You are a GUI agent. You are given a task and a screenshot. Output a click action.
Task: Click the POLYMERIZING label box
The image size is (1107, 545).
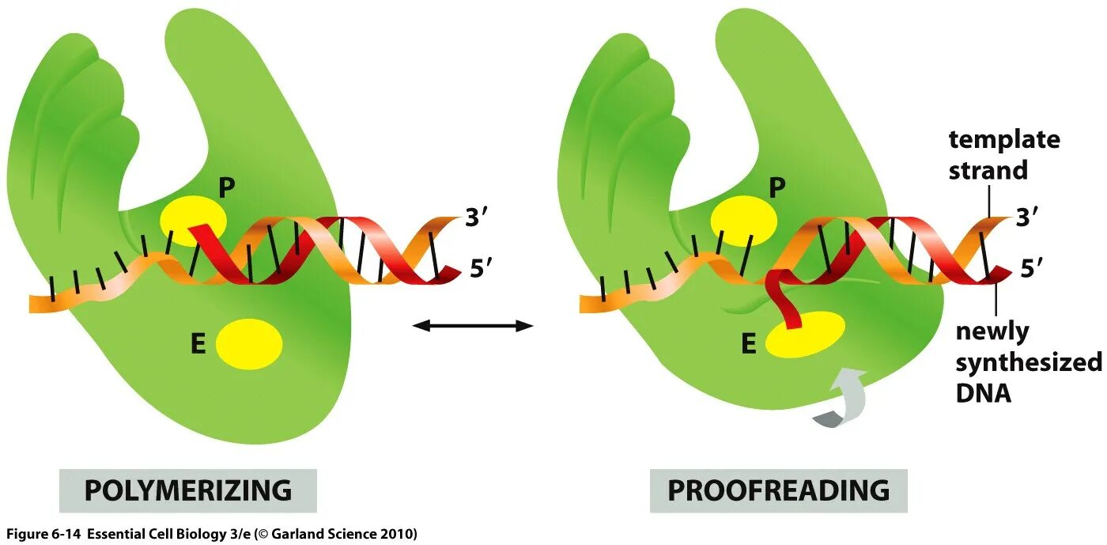(x=187, y=490)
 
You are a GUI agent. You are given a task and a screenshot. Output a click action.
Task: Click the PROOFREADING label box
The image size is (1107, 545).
(x=778, y=490)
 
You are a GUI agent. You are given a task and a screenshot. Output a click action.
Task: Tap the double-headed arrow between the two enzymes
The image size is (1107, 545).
(x=473, y=325)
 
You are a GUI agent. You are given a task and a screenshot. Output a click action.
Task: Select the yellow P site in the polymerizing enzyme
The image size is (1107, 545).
(x=193, y=218)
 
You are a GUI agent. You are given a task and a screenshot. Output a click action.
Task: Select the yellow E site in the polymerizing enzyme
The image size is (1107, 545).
(x=249, y=343)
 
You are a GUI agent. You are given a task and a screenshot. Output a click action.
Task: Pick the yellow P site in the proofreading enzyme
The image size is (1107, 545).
(x=743, y=219)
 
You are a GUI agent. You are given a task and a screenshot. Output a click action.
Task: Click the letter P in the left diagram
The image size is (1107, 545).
(x=227, y=187)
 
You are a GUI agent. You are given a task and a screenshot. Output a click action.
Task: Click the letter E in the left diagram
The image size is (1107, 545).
(x=198, y=344)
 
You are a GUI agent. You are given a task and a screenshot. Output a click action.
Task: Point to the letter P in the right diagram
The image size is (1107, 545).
(x=777, y=187)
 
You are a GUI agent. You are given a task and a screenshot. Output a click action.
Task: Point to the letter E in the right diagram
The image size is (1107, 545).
(x=748, y=343)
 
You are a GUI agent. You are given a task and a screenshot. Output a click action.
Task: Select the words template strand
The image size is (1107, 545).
(x=1003, y=155)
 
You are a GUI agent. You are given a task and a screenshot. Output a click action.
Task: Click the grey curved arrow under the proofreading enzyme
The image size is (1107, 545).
(x=844, y=399)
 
